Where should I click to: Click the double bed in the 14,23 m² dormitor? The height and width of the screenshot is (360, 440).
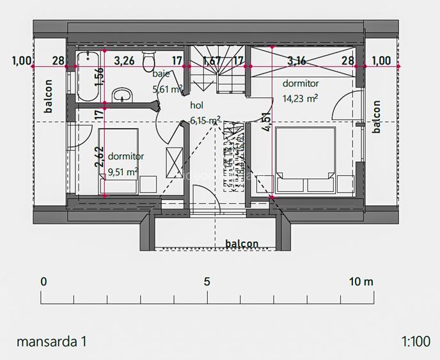coord(305,160)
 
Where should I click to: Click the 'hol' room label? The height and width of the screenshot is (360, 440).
coord(196,106)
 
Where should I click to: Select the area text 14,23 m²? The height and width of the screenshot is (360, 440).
coord(300,98)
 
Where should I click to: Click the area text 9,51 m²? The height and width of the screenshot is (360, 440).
coord(123,171)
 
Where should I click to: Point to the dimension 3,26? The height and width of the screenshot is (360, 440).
coord(124,61)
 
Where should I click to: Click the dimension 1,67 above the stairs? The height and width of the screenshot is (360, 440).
coord(212,61)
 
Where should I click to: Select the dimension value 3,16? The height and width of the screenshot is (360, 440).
coord(296,61)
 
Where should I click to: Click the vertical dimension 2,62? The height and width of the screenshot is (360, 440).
coord(99,157)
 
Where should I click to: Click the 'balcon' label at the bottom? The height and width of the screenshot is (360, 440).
coord(242,244)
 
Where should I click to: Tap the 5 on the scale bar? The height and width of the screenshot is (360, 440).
coord(207,281)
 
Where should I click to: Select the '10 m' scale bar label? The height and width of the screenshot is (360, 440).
coord(361,281)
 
